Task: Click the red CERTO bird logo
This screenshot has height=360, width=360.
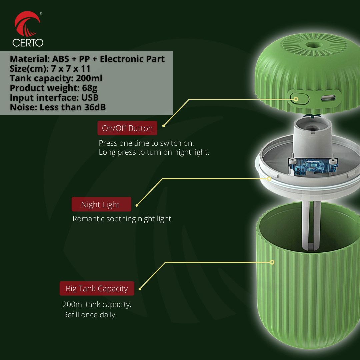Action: point(27,24)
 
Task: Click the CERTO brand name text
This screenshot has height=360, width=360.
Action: point(28,43)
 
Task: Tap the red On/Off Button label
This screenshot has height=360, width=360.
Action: point(127,128)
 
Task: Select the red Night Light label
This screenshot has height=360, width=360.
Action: point(101,204)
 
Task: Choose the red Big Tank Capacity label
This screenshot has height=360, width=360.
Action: point(97,288)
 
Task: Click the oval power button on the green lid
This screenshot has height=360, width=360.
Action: point(299,99)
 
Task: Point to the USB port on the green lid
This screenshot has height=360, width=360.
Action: point(328,98)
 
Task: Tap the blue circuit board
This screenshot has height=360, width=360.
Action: point(313,166)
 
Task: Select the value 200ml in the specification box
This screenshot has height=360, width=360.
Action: point(89,78)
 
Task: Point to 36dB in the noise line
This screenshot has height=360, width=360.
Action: point(95,107)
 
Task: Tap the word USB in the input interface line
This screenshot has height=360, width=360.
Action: point(90,98)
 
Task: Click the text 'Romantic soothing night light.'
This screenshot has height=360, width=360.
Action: point(123,219)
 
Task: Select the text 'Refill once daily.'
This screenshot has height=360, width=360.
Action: point(90,315)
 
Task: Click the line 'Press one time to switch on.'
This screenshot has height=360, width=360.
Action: point(146,143)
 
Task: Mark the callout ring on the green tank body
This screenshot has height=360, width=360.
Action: point(272,262)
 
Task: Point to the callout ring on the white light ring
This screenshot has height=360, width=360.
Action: point(269,179)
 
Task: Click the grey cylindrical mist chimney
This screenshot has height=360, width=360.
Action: point(312,137)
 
